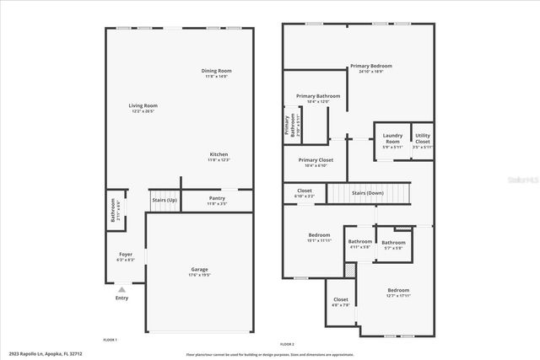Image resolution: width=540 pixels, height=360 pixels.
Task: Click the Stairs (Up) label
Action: (x=165, y=200)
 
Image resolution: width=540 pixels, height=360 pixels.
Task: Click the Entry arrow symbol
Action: (x=121, y=290)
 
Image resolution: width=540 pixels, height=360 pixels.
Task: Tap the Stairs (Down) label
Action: (x=368, y=193)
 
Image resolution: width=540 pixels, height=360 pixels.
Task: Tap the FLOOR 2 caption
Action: (x=287, y=344)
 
